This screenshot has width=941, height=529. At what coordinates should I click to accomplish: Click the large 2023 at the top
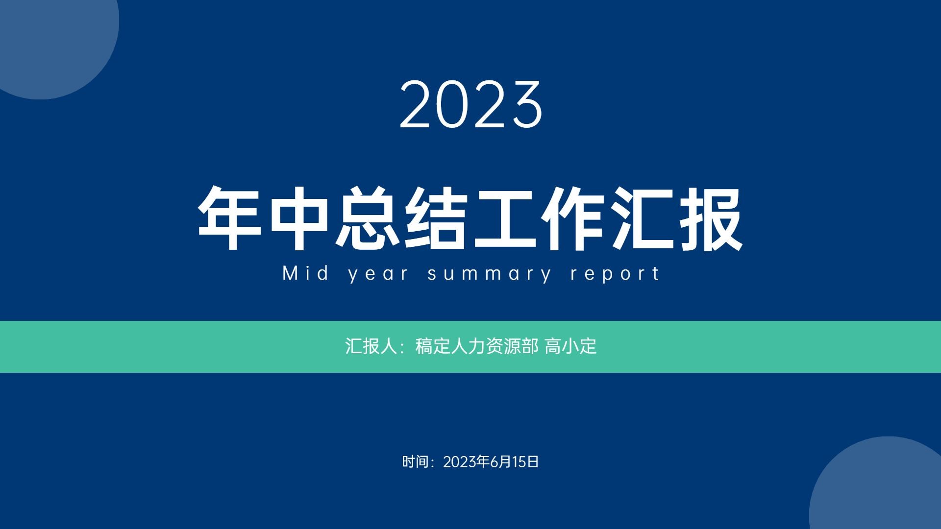coord(471,105)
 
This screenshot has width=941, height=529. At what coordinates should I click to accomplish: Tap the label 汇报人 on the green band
coord(371,346)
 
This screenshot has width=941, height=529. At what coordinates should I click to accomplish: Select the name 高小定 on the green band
coord(570,346)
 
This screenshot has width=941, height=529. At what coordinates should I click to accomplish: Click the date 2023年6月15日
coord(491,461)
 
